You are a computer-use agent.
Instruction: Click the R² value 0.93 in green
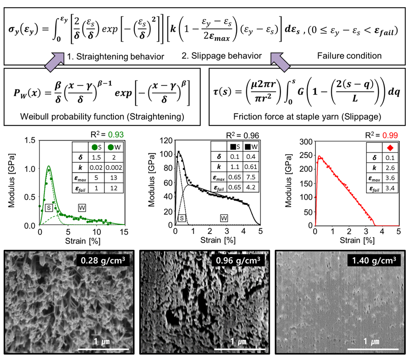pos(117,135)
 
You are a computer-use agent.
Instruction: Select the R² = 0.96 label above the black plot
pos(241,135)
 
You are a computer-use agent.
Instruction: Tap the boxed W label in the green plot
pos(82,208)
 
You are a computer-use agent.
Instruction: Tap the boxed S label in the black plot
pos(182,218)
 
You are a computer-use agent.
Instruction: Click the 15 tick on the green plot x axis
pos(124,232)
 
